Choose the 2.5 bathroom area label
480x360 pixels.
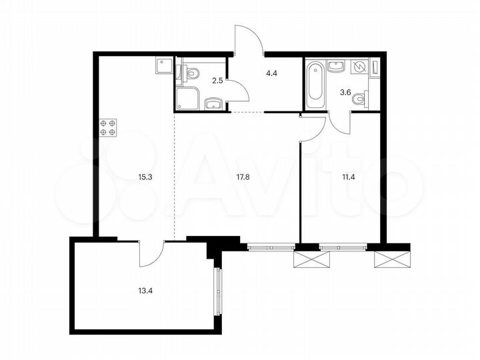(x=217, y=82)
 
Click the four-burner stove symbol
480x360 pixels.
(x=107, y=127)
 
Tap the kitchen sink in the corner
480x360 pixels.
(x=163, y=65)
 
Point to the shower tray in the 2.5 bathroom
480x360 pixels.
(x=189, y=98)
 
